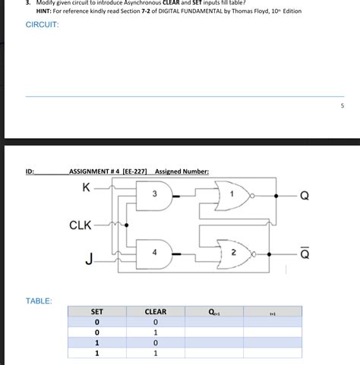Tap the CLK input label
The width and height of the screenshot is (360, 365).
click(80, 225)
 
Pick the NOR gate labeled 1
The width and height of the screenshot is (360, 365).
click(233, 196)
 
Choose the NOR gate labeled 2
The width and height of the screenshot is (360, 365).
click(233, 251)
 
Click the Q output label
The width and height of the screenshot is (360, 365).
click(305, 196)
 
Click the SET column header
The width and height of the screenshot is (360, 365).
click(97, 312)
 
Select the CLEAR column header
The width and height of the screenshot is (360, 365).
click(155, 312)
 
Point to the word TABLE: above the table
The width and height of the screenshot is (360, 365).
click(39, 301)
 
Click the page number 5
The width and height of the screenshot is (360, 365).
click(343, 106)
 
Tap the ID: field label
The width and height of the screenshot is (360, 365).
click(30, 171)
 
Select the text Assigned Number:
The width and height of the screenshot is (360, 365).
click(182, 171)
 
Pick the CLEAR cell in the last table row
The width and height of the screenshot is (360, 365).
click(155, 354)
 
